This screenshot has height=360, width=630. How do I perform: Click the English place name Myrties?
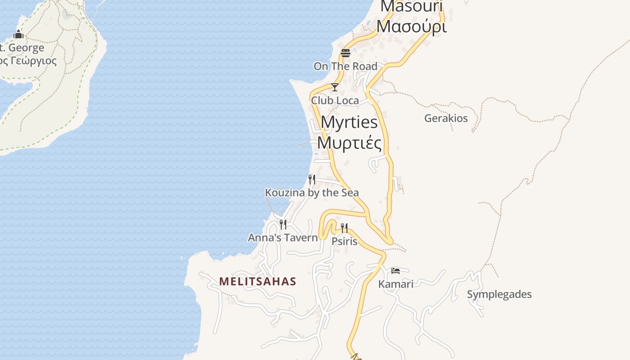coord(349,122)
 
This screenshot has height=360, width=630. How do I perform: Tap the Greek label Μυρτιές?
coord(349,143)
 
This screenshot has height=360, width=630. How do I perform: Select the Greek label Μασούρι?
coord(411,27)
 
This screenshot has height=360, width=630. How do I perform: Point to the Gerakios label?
coord(446,118)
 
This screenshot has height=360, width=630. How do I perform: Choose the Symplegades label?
coord(499,294)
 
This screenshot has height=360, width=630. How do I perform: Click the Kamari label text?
coord(396,284)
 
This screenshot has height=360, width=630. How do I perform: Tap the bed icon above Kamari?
coord(396,270)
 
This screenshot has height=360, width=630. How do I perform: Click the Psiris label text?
coord(344,241)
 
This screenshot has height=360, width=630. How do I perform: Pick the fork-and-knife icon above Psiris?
coord(344,228)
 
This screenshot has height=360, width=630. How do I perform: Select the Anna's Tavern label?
coord(283,237)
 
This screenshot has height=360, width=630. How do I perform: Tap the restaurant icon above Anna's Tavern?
coord(283,224)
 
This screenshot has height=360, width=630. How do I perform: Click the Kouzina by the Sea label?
coord(312,193)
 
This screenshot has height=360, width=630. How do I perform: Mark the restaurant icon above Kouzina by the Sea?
coord(311,179)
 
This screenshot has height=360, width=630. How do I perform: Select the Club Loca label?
coord(335,100)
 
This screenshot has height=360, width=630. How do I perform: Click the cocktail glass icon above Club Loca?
coord(335,87)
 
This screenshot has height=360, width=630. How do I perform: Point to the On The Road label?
coord(345,66)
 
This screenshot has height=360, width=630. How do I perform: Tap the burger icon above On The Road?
coord(346,53)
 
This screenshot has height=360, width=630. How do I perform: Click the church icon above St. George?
coord(18,34)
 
